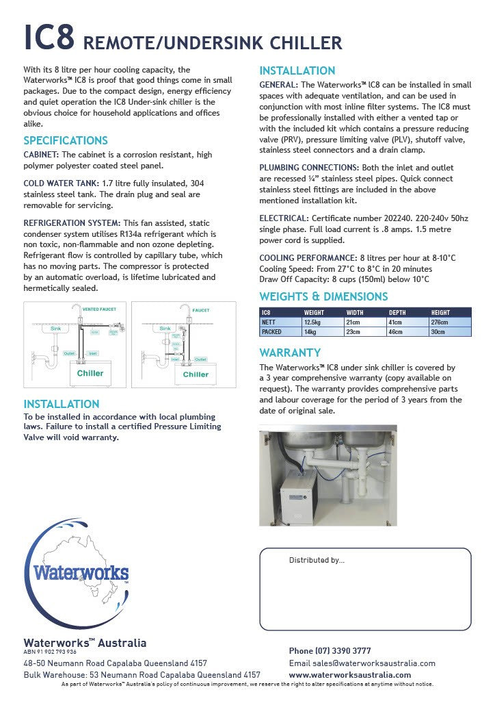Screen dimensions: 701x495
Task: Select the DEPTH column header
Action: [397, 312]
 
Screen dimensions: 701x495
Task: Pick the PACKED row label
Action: [272, 331]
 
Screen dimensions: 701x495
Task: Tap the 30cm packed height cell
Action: [438, 331]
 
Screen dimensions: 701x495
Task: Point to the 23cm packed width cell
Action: [353, 331]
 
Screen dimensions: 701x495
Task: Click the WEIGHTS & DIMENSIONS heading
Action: [323, 296]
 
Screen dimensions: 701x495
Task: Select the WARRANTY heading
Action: [290, 353]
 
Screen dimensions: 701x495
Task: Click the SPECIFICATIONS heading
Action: [66, 140]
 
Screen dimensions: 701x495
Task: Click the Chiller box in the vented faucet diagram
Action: [90, 373]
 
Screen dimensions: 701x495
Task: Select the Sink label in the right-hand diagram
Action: [165, 329]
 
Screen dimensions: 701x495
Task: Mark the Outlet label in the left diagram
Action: [69, 353]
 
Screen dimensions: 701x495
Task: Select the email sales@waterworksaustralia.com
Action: [362, 663]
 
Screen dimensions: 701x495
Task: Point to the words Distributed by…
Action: [317, 560]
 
